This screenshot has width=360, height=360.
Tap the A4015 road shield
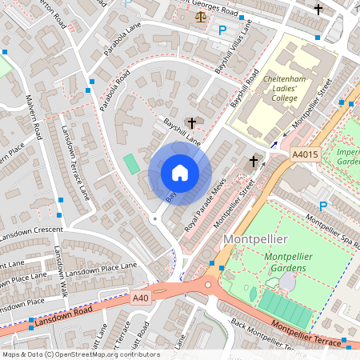(305, 154)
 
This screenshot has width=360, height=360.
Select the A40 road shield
(142, 298)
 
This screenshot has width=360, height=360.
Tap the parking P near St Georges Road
(222, 30)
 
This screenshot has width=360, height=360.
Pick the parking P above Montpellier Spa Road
(324, 206)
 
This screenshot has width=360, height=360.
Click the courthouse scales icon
(199, 15)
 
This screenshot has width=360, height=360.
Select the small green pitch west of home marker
(131, 163)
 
